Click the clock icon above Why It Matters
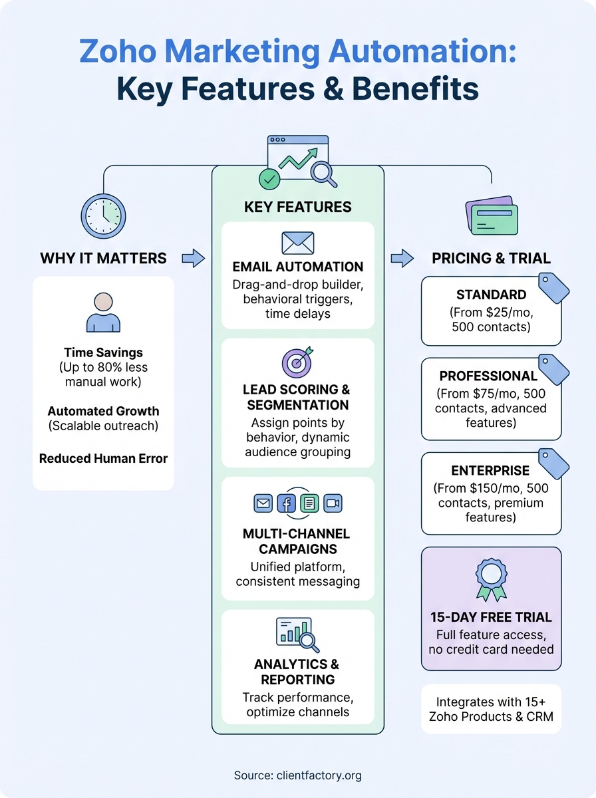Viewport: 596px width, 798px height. coord(103,216)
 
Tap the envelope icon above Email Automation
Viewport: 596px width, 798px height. coord(298,243)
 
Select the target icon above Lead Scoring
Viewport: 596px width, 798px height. coord(297,364)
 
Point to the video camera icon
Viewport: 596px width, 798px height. coord(333,503)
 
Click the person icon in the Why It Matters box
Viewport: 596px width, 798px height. coord(103,312)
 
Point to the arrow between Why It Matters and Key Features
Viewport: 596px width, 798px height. coord(193,258)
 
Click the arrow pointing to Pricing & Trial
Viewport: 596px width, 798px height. coord(402,258)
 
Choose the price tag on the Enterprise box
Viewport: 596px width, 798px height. coord(553,463)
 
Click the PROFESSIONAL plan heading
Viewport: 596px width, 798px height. coord(488,376)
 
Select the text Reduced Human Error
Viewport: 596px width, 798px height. coord(103,458)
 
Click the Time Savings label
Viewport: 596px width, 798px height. coord(103,352)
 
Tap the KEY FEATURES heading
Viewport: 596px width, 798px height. coord(297,207)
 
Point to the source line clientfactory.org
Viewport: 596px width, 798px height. coord(297,775)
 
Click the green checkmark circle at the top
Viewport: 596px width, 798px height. coord(269,178)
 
